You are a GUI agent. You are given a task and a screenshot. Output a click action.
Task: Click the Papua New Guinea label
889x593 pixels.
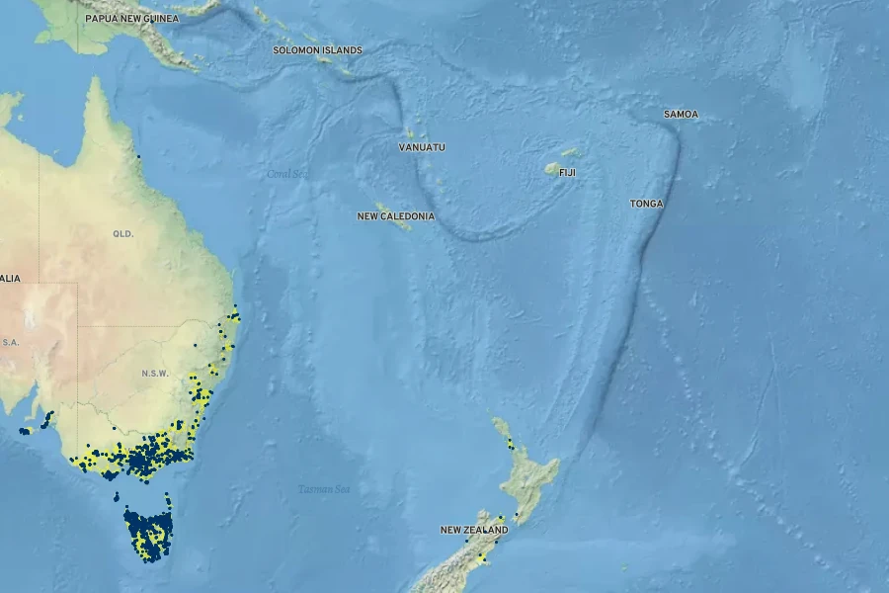131,19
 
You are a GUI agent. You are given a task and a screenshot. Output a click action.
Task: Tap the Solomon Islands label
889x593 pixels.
317,49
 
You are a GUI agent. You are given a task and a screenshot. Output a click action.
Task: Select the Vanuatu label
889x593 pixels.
422,147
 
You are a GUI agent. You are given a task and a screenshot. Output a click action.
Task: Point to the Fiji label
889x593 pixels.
567,172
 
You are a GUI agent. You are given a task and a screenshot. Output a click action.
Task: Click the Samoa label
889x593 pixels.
681,115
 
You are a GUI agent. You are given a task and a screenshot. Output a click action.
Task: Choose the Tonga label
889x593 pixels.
647,204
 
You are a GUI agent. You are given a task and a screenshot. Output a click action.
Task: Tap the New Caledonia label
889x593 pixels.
395,215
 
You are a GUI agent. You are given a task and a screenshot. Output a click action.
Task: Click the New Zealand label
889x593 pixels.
474,530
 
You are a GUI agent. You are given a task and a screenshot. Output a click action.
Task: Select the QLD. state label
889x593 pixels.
122,234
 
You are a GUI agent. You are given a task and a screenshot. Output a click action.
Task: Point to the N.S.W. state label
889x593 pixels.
155,374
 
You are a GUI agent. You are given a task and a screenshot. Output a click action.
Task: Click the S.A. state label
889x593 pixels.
10,342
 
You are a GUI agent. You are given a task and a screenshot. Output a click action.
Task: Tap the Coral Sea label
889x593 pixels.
287,174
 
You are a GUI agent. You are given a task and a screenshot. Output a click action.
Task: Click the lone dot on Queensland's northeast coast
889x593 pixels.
139,156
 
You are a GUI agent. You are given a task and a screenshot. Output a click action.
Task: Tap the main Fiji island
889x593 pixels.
554,169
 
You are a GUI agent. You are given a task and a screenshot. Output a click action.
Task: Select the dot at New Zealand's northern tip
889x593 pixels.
496,421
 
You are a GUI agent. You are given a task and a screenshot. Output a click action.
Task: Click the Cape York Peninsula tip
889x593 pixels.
95,81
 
